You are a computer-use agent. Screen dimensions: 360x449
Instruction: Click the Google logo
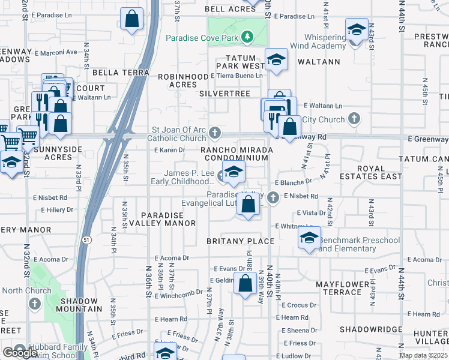click(20, 353)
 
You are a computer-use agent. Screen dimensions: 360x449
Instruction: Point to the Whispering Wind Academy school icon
click(356, 30)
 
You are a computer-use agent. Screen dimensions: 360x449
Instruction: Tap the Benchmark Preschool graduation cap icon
click(309, 238)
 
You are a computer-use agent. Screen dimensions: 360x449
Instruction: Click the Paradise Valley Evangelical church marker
click(273, 197)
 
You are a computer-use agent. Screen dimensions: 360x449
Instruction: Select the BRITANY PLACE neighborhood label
click(240, 241)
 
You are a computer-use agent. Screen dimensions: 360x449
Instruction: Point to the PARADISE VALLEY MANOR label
click(168, 219)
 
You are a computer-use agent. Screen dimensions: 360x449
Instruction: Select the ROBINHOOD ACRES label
click(177, 81)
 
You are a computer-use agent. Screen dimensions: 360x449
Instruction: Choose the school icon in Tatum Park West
click(276, 59)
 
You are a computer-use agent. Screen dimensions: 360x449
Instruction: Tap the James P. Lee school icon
click(234, 172)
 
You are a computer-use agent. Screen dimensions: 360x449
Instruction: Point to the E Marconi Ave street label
click(57, 52)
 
